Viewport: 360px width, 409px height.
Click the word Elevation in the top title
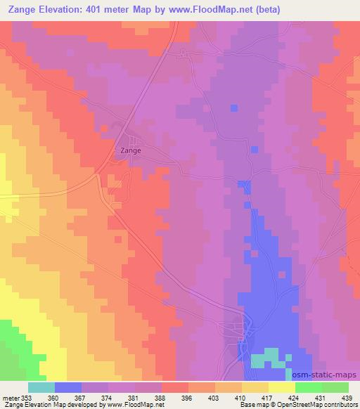click(76, 9)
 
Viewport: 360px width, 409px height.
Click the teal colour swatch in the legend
click(41, 387)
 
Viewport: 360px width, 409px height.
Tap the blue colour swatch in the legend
click(68, 387)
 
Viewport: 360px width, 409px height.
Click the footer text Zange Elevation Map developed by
click(52, 405)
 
